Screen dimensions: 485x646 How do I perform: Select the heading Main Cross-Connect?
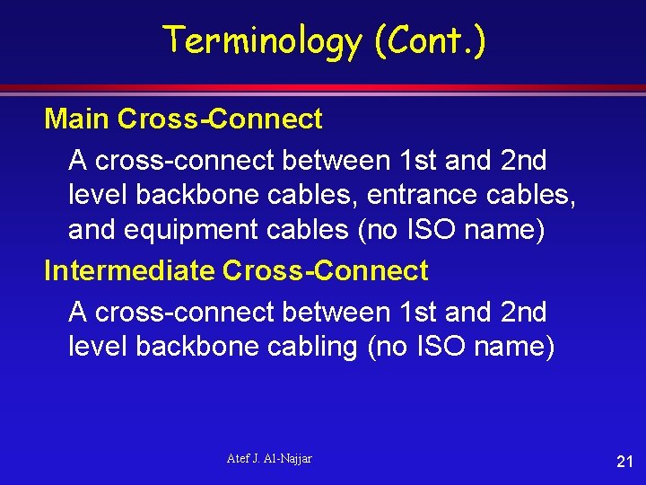tap(183, 119)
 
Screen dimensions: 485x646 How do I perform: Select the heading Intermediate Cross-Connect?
tap(236, 270)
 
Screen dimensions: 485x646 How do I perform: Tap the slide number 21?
tap(624, 462)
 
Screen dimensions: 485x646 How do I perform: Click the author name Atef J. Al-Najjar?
tap(269, 459)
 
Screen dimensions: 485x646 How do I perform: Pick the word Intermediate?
tap(129, 270)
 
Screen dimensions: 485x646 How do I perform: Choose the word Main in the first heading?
tap(77, 119)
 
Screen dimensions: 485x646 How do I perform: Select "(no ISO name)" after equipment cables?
tap(451, 230)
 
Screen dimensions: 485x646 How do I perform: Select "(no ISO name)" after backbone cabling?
tap(461, 347)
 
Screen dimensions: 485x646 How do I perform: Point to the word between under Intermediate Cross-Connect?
tap(336, 313)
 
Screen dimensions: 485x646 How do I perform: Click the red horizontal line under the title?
tap(323, 88)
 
